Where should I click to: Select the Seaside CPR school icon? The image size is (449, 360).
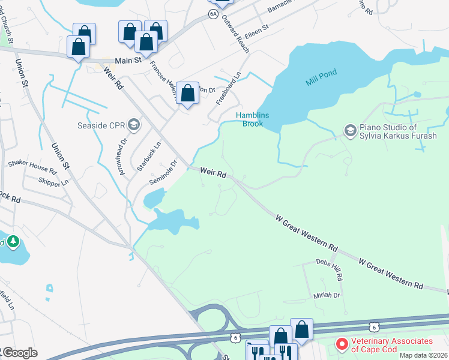(x=133, y=125)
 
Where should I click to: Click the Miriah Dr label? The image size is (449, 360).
(x=327, y=295)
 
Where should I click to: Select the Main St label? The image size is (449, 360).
(x=128, y=60)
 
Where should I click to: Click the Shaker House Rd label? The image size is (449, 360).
(x=31, y=167)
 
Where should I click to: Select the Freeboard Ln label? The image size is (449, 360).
(x=229, y=87)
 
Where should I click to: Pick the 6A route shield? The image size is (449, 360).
(x=212, y=13)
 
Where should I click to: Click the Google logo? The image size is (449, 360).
(x=19, y=353)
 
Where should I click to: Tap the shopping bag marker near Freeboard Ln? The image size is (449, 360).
(x=188, y=93)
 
